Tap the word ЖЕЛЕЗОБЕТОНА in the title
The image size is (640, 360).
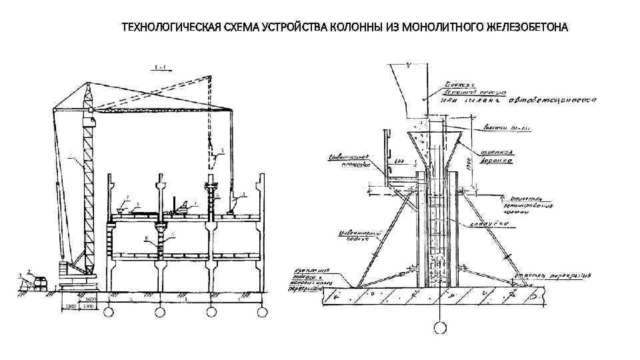(x=526, y=28)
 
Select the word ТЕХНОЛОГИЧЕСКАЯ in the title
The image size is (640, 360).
(x=163, y=28)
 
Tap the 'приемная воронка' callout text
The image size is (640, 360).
(x=493, y=155)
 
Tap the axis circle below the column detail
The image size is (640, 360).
(x=441, y=327)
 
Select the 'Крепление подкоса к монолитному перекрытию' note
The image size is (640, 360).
(x=313, y=280)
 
